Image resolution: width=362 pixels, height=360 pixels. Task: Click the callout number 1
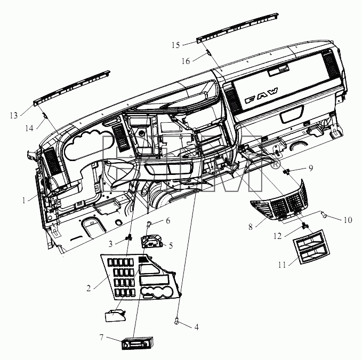(x=24, y=201)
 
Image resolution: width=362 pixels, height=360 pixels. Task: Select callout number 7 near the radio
(x=102, y=338)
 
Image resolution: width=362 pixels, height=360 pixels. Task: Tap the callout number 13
(x=14, y=115)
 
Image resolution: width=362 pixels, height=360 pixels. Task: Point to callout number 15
(x=176, y=45)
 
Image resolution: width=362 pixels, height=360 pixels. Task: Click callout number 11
(x=282, y=265)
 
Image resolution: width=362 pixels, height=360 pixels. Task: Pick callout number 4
(x=197, y=327)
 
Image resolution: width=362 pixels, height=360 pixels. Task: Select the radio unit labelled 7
(x=137, y=343)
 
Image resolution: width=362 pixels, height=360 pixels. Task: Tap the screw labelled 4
(x=176, y=321)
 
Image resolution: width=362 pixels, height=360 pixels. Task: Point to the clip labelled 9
(x=287, y=172)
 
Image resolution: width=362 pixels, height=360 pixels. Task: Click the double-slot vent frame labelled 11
(x=311, y=247)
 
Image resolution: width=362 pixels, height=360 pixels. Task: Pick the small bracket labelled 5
(x=152, y=241)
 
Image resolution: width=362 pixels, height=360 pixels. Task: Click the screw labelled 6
(x=149, y=223)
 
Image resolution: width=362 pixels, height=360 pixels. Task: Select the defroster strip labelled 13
(x=71, y=87)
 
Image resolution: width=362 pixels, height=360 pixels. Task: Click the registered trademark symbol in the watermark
(x=275, y=165)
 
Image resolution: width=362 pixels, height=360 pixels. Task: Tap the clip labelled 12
(x=305, y=226)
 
